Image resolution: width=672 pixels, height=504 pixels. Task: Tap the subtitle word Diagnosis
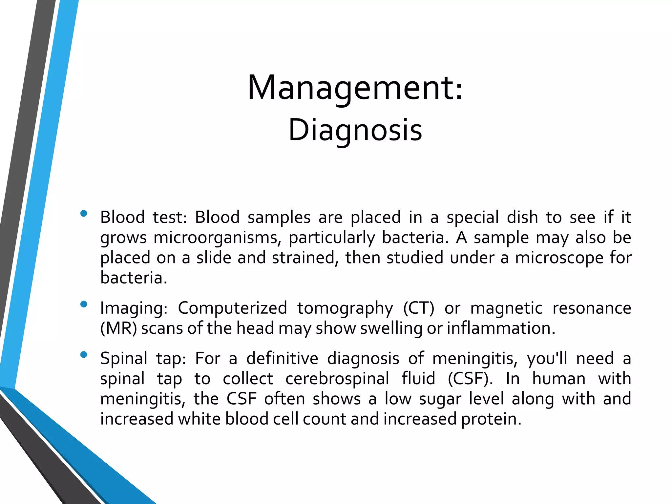coord(355,130)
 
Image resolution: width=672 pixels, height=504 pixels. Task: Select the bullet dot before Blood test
coord(84,214)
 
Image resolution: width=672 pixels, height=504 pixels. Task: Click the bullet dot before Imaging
coord(84,304)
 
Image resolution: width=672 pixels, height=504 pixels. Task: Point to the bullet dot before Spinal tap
coord(84,355)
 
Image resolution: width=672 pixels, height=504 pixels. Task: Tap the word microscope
coord(559,258)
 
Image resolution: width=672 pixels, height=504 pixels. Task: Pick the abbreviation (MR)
coord(118,328)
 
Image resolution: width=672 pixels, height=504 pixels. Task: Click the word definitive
coord(282,358)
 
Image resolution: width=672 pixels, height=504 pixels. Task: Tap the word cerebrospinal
coord(337,379)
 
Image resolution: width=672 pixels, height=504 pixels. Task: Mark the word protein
coord(491,420)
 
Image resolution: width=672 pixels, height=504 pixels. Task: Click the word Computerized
coord(232,308)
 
